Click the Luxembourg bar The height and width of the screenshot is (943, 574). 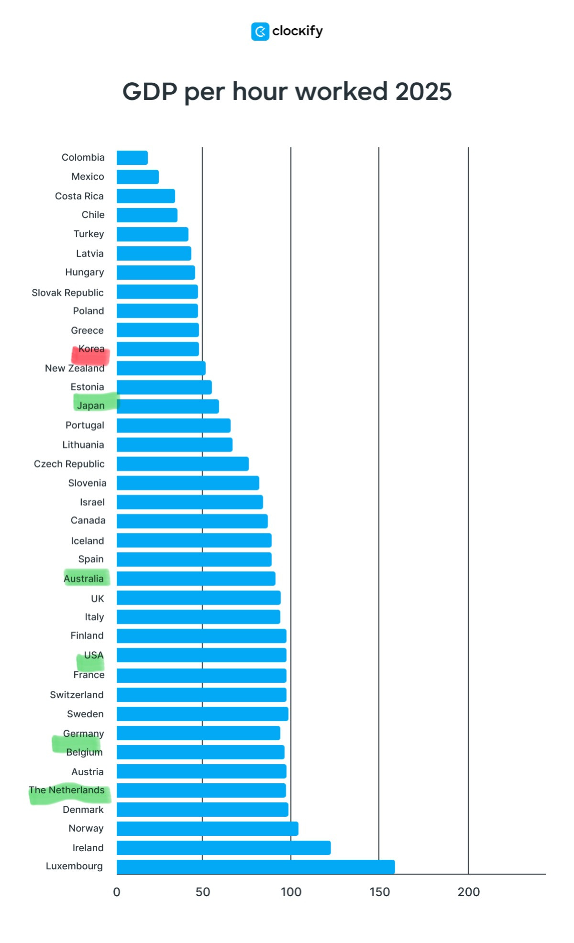pos(255,866)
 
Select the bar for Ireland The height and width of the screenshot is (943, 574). pos(223,847)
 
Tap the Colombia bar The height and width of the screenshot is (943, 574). pos(132,158)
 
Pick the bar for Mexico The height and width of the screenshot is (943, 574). pos(138,177)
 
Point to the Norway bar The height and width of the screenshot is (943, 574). pos(207,828)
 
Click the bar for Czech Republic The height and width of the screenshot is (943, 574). pos(182,464)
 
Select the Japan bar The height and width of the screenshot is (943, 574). pos(167,406)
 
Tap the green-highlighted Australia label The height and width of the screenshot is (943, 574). pos(84,579)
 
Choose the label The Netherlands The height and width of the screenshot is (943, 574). pos(66,790)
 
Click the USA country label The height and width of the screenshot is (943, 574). pos(94,655)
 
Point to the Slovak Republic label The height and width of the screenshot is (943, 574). pos(67,293)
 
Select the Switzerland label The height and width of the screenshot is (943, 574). pos(77,695)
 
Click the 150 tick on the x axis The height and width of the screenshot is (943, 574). pos(379,892)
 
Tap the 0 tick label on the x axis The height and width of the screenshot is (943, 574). pos(117,892)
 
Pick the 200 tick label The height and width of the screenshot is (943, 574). pos(468,892)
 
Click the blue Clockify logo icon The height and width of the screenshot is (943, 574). pos(260,32)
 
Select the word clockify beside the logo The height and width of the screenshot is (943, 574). pos(298,32)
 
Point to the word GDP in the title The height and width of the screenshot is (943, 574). pos(150,91)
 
